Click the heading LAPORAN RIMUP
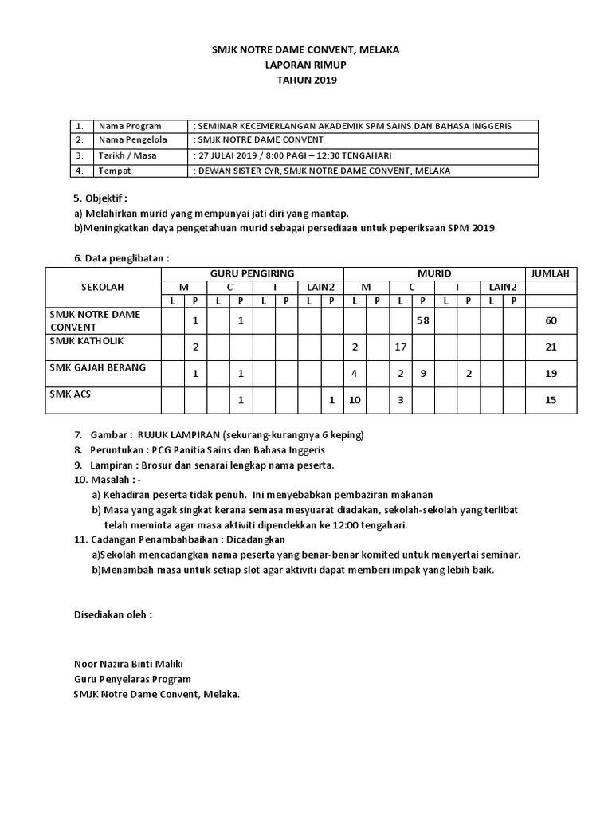(x=306, y=65)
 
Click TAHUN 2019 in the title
(x=306, y=80)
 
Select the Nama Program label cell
(x=129, y=126)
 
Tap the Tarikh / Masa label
(x=127, y=155)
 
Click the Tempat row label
(x=114, y=171)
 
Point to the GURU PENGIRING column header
(x=252, y=273)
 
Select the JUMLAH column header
(x=550, y=273)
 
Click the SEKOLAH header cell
(x=103, y=287)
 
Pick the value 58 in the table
(x=423, y=320)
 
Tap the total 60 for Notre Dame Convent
(x=550, y=320)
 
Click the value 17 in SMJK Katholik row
(x=401, y=347)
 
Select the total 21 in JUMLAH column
(x=550, y=347)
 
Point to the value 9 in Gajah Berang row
(x=423, y=373)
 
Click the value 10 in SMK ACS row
(x=355, y=400)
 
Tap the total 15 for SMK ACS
(x=550, y=400)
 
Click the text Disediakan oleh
(x=112, y=615)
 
